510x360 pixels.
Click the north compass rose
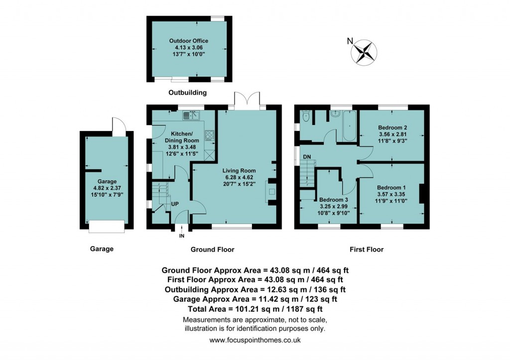(x=364, y=52)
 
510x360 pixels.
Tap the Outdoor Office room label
(x=188, y=41)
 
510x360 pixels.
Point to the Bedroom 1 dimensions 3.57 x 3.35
(x=391, y=194)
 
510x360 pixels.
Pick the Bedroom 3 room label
(x=333, y=199)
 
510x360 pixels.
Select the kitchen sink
(x=191, y=116)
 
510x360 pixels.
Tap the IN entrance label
(x=182, y=236)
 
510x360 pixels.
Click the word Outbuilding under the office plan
(x=187, y=93)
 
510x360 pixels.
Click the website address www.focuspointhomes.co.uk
(x=255, y=341)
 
